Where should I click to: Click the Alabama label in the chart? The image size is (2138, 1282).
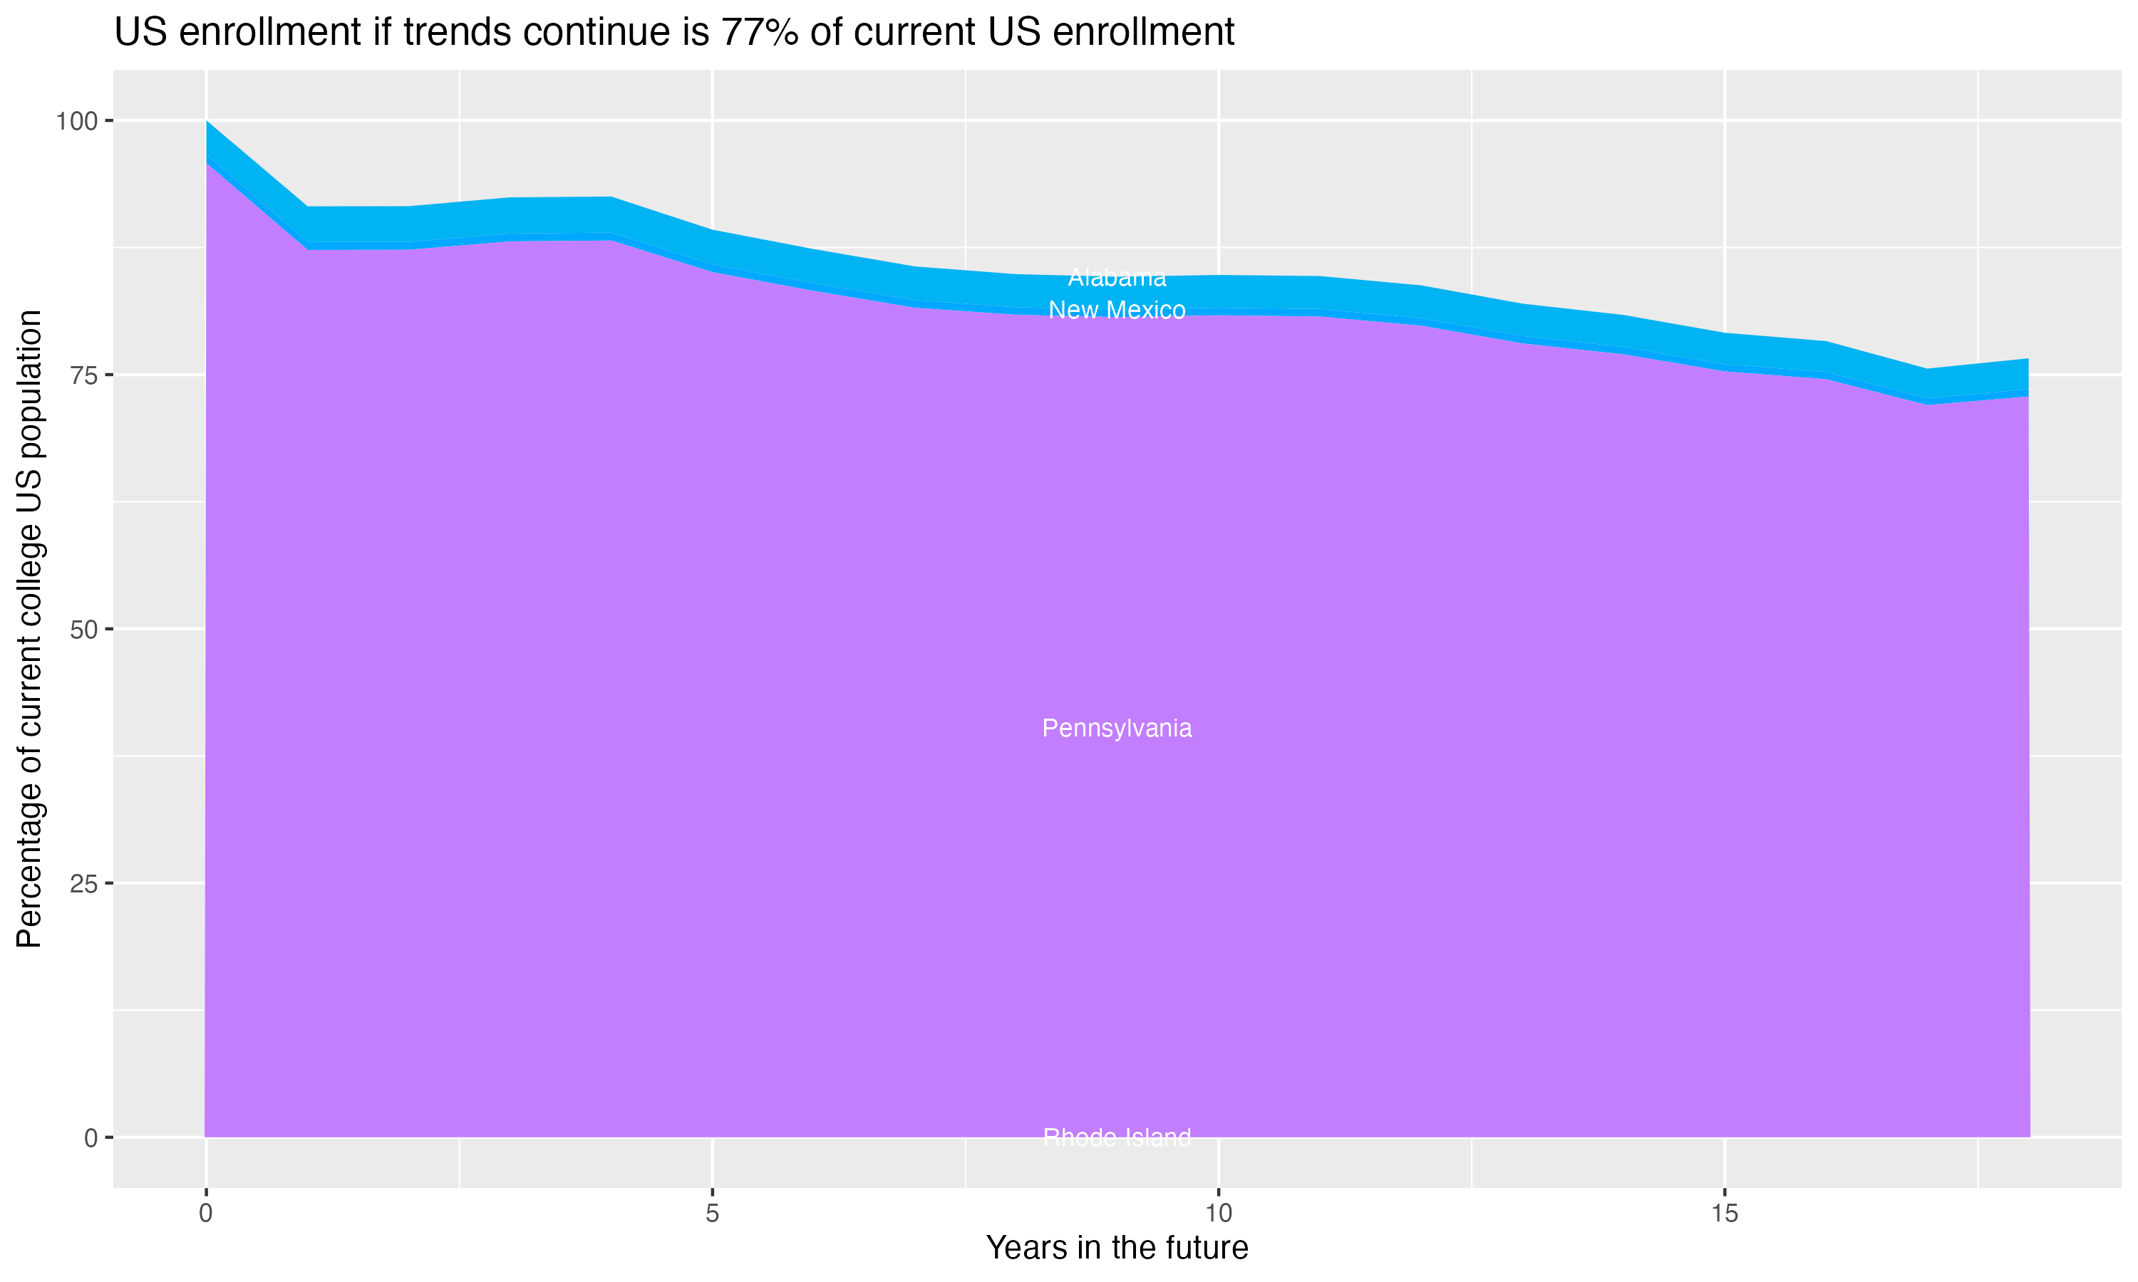pos(1117,278)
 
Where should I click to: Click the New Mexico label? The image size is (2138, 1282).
pos(1117,310)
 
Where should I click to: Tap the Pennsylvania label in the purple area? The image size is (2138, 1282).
pos(1117,729)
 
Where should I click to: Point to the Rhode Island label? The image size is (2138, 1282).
pos(1117,1137)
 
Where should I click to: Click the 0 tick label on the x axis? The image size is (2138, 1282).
pos(206,1214)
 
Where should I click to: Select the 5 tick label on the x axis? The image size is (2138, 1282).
pos(712,1214)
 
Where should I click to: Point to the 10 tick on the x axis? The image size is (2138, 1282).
pos(1219,1214)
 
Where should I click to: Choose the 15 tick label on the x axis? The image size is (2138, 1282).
pos(1725,1214)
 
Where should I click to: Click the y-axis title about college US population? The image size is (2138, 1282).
pos(29,629)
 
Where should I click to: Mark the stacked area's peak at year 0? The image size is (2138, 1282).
pos(207,123)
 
